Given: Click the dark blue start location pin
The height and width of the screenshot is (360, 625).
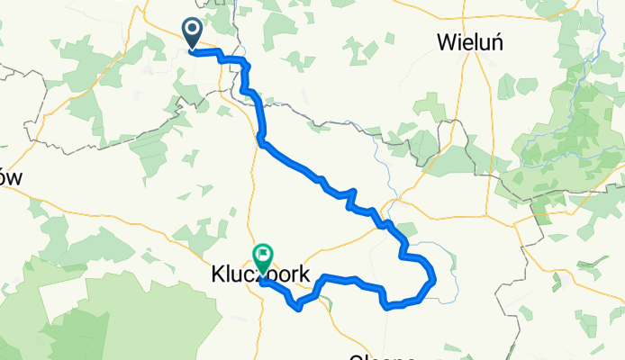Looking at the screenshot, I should [194, 33].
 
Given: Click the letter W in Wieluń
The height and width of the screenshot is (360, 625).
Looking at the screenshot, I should [446, 41].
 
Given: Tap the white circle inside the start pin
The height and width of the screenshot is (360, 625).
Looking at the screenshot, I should [194, 30].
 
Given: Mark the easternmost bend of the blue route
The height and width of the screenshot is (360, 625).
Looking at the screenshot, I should [436, 279].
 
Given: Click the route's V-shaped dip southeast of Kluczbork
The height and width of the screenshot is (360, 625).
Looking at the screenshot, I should [299, 310].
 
